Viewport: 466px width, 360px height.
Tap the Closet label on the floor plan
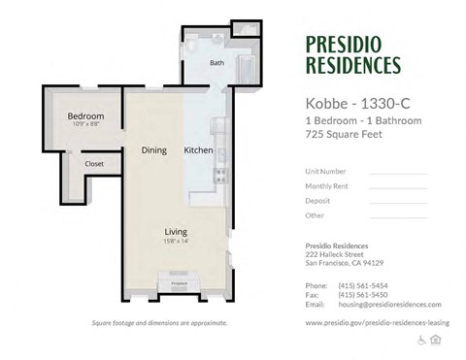pos(94,164)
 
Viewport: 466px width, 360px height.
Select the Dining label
pos(154,150)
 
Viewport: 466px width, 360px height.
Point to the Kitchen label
pos(198,150)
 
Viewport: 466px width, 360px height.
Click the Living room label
pos(176,231)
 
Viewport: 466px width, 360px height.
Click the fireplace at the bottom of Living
pos(178,283)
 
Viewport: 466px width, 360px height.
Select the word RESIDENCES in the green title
pos(352,66)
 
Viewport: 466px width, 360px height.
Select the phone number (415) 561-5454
pos(362,286)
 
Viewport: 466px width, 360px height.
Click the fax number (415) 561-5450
pos(362,295)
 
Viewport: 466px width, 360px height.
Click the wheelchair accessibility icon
pos(422,340)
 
